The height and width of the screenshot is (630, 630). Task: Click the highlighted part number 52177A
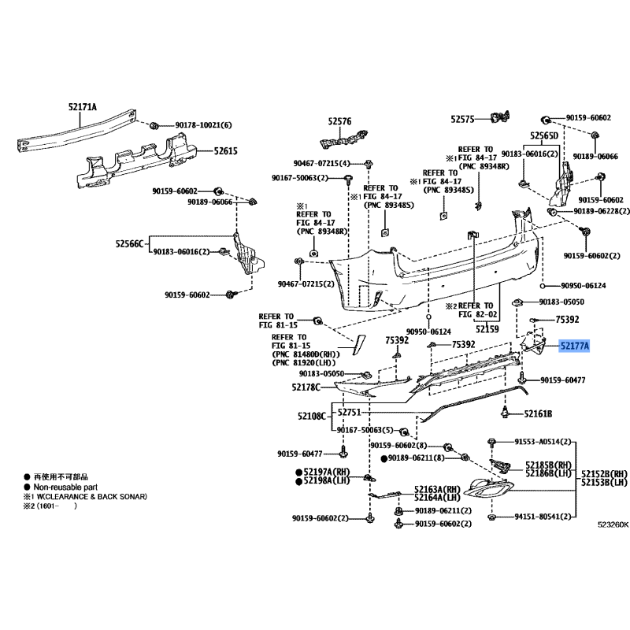[574, 345]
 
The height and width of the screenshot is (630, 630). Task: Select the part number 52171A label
[82, 107]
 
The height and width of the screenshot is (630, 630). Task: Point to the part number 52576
[339, 122]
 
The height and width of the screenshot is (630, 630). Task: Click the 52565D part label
[543, 135]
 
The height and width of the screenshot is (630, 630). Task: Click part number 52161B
[539, 413]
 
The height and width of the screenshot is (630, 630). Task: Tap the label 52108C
[312, 414]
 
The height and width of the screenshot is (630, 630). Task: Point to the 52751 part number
[350, 413]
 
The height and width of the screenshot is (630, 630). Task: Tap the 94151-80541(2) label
[543, 517]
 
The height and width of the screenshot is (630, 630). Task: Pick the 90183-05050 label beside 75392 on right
[561, 302]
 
